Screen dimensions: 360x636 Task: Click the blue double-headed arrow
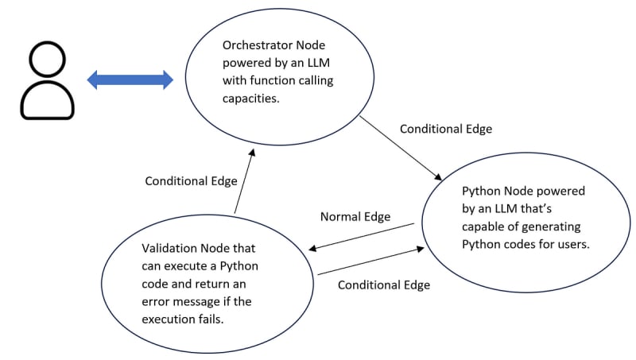point(130,79)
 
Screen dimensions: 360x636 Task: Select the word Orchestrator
point(242,45)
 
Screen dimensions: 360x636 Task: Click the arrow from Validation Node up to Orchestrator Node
point(244,179)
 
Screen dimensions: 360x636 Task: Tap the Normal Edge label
point(355,216)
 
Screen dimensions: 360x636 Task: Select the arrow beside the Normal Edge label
point(363,236)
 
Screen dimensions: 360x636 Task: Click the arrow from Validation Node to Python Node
point(370,261)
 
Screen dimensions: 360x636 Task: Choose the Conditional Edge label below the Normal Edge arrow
point(384,285)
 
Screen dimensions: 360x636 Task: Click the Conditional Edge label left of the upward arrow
point(191,181)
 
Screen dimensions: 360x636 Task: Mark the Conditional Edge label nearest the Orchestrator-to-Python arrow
point(445,129)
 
